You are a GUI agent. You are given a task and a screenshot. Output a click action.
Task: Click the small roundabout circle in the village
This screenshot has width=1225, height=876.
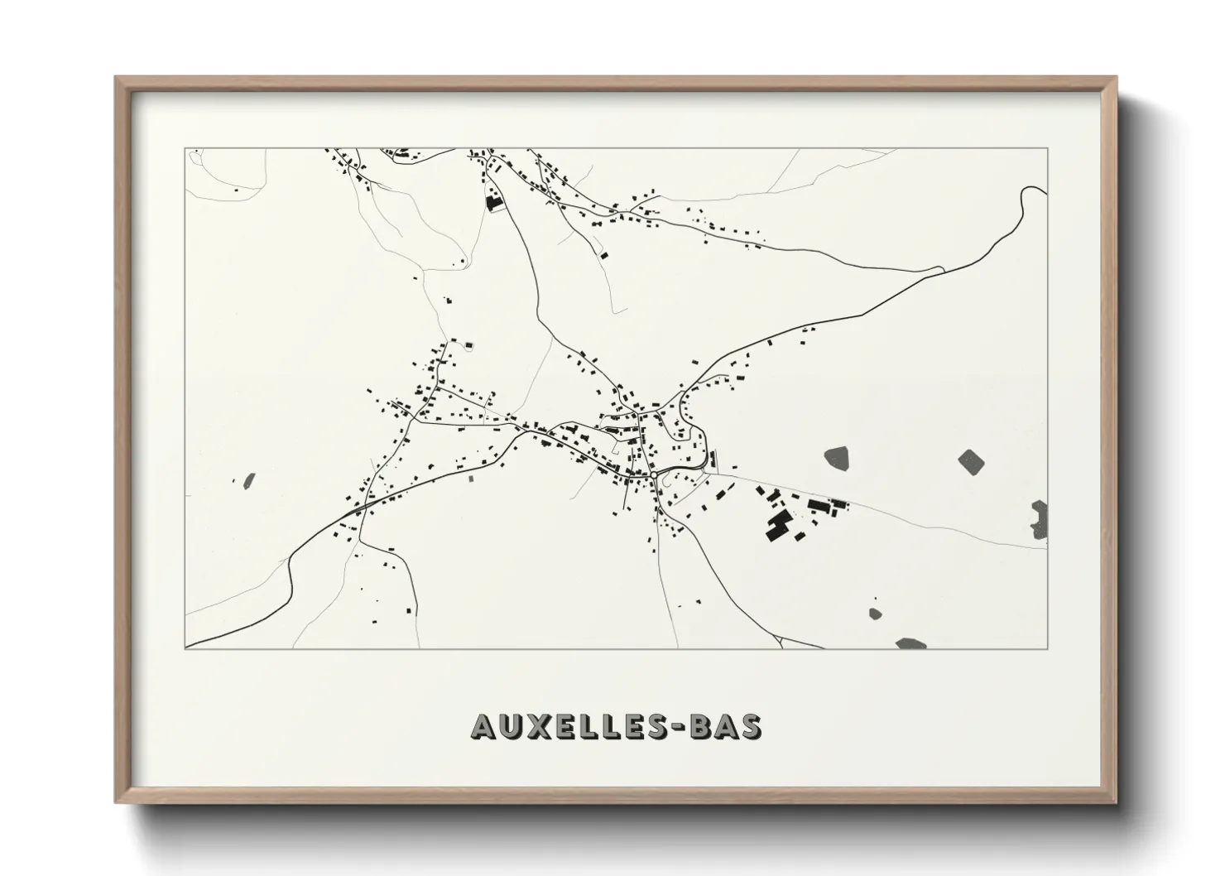[x=654, y=475]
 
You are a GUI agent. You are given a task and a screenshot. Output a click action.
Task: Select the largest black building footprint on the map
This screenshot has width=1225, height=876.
[x=777, y=526]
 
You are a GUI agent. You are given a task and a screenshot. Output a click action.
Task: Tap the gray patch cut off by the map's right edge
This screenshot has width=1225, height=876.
[x=1040, y=519]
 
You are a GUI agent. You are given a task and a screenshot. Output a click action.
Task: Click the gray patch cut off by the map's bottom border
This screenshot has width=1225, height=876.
[x=910, y=643]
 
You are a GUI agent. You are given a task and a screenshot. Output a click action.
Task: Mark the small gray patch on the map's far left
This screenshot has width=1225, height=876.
[x=248, y=479]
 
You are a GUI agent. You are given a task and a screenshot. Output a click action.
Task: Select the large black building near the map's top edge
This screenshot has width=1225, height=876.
[x=494, y=202]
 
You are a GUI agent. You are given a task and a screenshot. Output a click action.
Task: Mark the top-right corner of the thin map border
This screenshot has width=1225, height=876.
[x=1048, y=148]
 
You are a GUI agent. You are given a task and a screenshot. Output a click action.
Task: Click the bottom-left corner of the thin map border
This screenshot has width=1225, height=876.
[x=185, y=649]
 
